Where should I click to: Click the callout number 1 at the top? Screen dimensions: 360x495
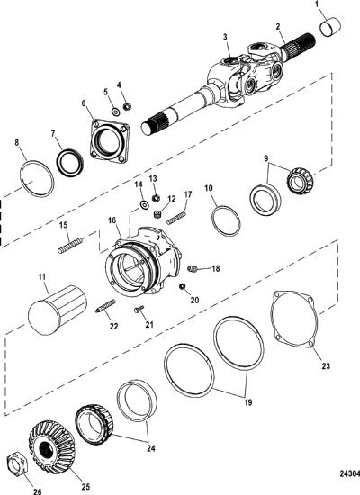(317, 4)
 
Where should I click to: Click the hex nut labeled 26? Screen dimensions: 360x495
(18, 462)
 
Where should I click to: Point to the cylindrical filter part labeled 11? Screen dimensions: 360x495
(58, 310)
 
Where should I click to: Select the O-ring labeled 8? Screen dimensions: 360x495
(37, 179)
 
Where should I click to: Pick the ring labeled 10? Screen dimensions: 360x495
(226, 221)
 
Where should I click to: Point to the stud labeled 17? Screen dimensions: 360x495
(176, 218)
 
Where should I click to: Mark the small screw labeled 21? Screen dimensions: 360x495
(139, 309)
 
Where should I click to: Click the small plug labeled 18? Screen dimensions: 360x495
(193, 269)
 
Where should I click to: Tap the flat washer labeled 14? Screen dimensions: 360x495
(145, 204)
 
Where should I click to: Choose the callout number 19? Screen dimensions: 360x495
(248, 402)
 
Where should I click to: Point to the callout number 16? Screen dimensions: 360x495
(112, 220)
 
